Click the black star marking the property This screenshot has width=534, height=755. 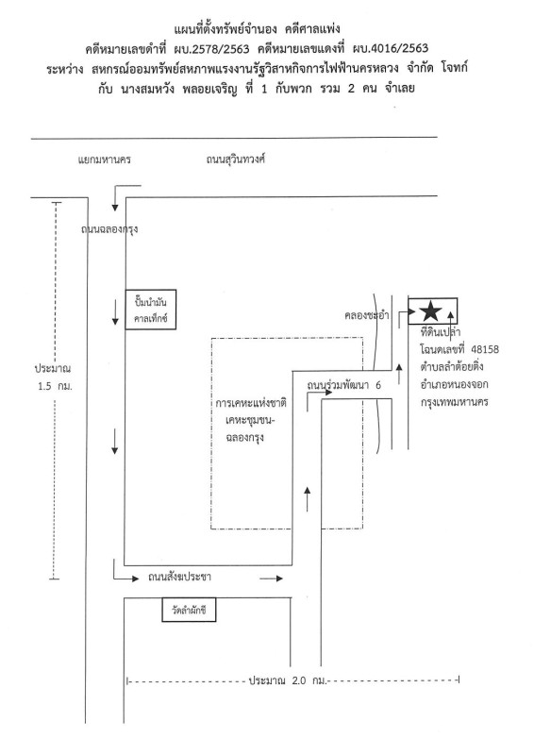pyautogui.click(x=431, y=311)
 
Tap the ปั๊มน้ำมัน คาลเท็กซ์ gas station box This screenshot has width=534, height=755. pyautogui.click(x=151, y=310)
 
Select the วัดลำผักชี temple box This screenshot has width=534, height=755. pyautogui.click(x=189, y=610)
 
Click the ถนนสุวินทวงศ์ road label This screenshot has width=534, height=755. pyautogui.click(x=236, y=159)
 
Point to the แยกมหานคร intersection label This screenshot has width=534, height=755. pyautogui.click(x=105, y=159)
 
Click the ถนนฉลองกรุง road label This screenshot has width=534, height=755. pyautogui.click(x=109, y=228)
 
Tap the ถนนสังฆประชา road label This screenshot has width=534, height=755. pyautogui.click(x=179, y=577)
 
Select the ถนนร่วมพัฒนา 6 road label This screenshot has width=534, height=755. pyautogui.click(x=343, y=385)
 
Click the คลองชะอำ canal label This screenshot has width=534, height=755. pyautogui.click(x=366, y=316)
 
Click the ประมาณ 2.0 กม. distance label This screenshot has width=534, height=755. pyautogui.click(x=288, y=680)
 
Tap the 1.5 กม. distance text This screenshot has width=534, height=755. pyautogui.click(x=55, y=386)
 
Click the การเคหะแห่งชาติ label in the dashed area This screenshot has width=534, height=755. pyautogui.click(x=251, y=403)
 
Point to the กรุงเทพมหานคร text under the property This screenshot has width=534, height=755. pyautogui.click(x=455, y=402)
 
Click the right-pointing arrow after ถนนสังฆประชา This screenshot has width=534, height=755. pyautogui.click(x=272, y=579)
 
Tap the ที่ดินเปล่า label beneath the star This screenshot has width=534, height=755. pyautogui.click(x=440, y=332)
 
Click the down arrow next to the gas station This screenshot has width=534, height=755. pyautogui.click(x=115, y=312)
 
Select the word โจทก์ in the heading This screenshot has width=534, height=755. pyautogui.click(x=454, y=68)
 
